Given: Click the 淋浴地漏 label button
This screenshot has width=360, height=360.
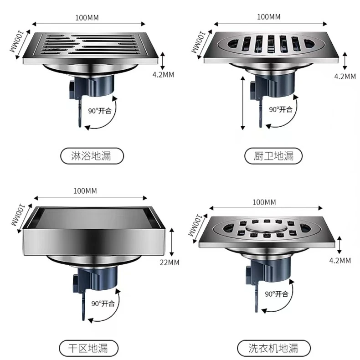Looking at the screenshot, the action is [x=92, y=156].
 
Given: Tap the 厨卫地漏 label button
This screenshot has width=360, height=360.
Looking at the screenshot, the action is [x=273, y=156].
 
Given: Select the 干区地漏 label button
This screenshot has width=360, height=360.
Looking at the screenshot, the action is [x=88, y=348].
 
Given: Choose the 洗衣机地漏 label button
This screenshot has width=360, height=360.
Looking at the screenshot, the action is [x=273, y=348].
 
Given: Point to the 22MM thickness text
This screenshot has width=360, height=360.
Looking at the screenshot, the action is [x=170, y=262].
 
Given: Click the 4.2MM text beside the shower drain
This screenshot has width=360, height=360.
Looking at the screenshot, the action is [x=163, y=75].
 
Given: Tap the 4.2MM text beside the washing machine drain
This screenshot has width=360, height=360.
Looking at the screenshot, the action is [x=340, y=261].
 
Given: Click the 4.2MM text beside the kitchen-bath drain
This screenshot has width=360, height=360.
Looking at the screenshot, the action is [x=345, y=77].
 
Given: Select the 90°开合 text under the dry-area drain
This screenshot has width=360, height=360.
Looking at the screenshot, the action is [x=103, y=303].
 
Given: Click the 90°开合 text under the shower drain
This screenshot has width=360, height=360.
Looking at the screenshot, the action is [x=100, y=111].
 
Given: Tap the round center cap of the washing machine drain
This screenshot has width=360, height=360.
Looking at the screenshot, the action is [x=266, y=228].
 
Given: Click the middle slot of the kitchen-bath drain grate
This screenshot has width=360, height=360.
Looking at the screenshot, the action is [x=271, y=44].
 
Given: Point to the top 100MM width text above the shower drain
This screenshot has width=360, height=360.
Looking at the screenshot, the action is [x=87, y=18].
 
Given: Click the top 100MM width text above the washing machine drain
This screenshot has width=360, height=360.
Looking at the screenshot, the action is [x=264, y=202].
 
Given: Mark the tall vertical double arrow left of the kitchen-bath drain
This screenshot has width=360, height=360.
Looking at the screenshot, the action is [x=243, y=103].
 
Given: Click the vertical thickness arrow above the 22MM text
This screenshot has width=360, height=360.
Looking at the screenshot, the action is [x=171, y=242].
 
